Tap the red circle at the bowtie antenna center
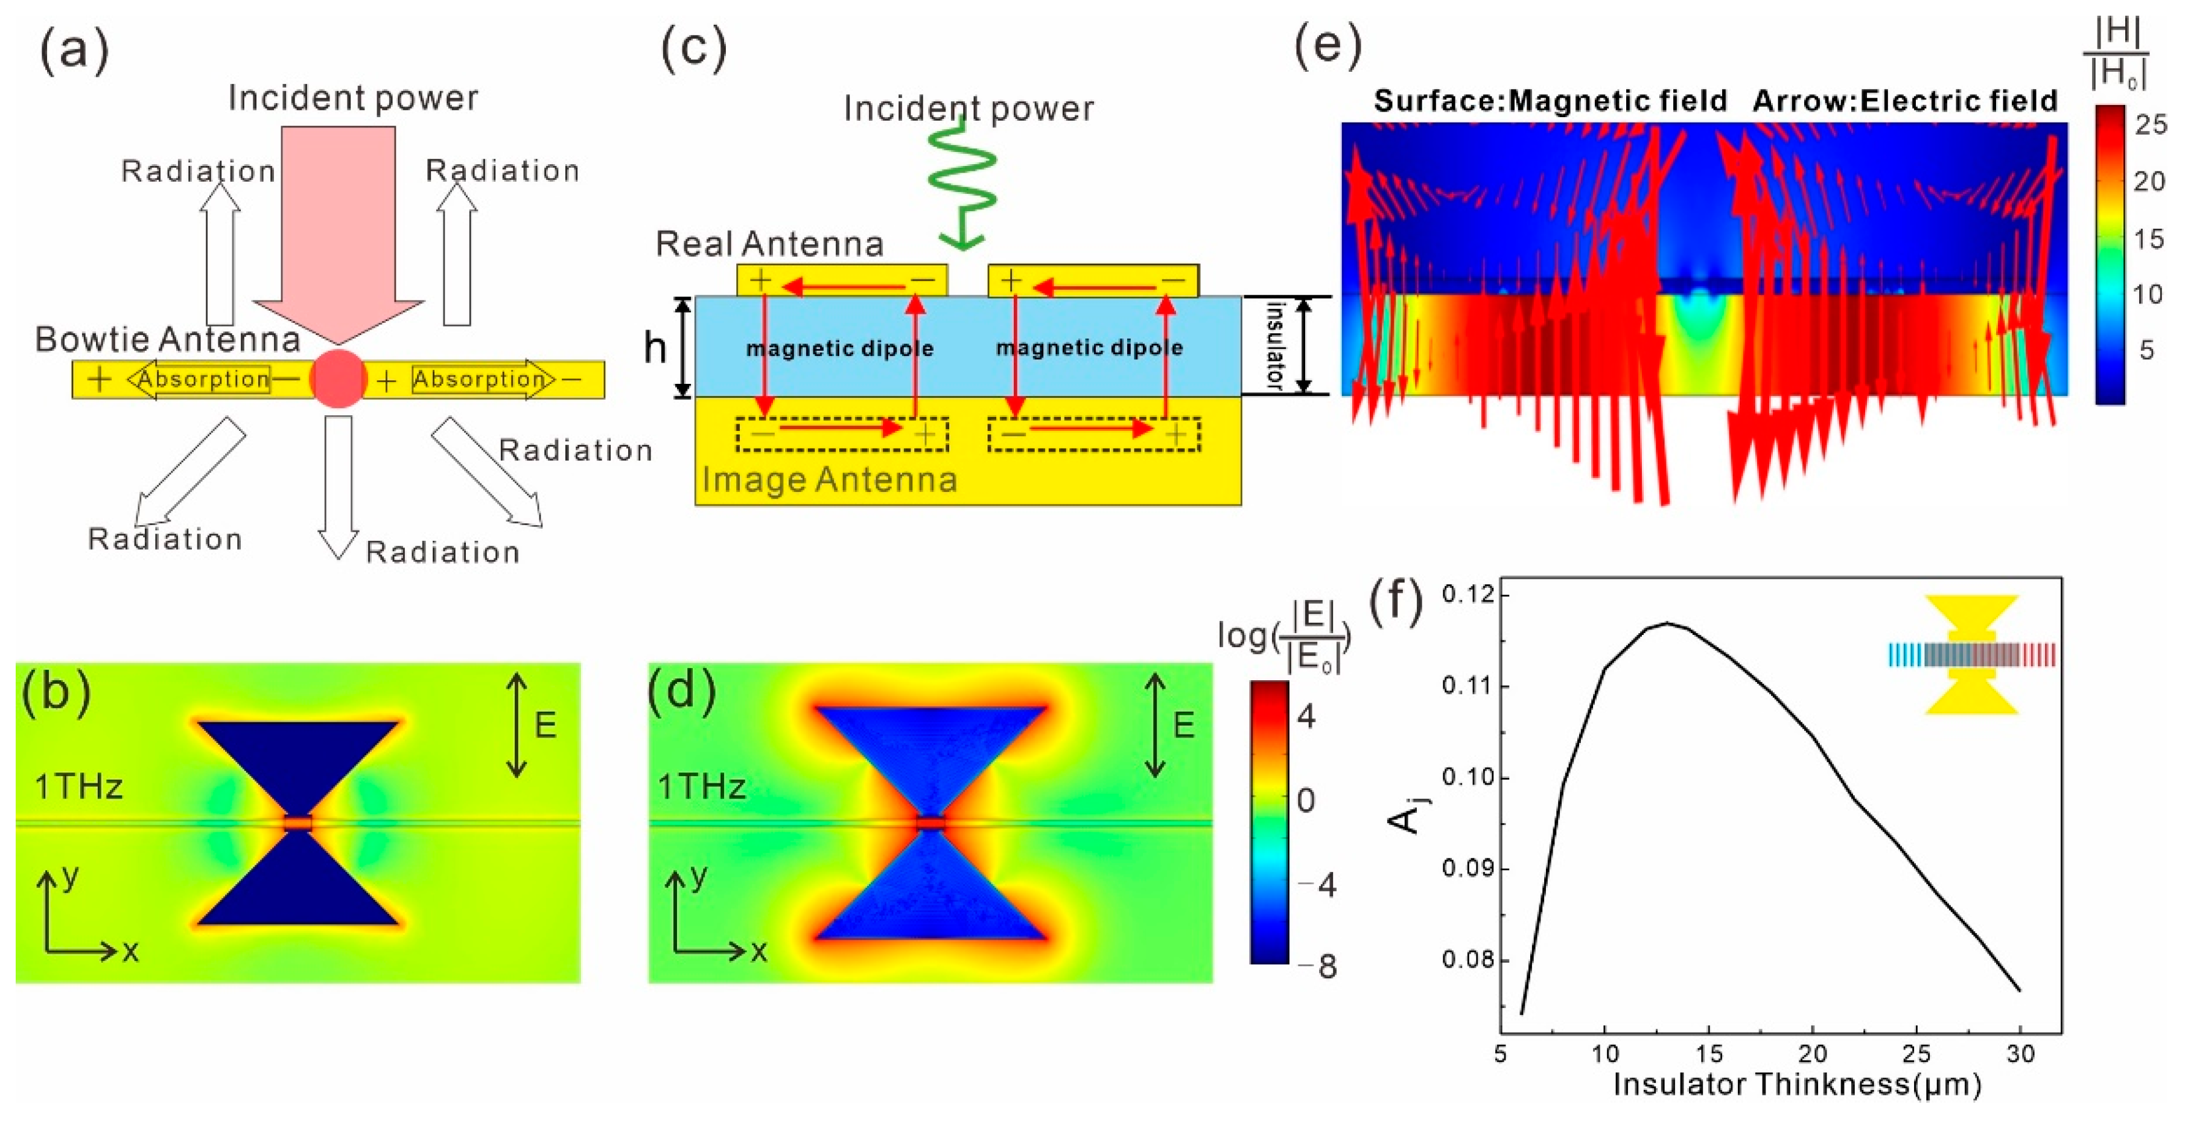(x=338, y=378)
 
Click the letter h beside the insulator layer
(x=655, y=348)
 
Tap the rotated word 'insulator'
(x=1273, y=345)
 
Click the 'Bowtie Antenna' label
(x=168, y=339)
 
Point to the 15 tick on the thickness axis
(x=1709, y=1054)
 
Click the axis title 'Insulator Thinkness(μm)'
(x=1797, y=1085)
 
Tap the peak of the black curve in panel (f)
(x=1667, y=623)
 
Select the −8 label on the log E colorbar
(x=1320, y=966)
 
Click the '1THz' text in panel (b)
(x=79, y=787)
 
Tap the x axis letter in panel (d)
(x=758, y=950)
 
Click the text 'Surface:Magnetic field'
(x=1550, y=101)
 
